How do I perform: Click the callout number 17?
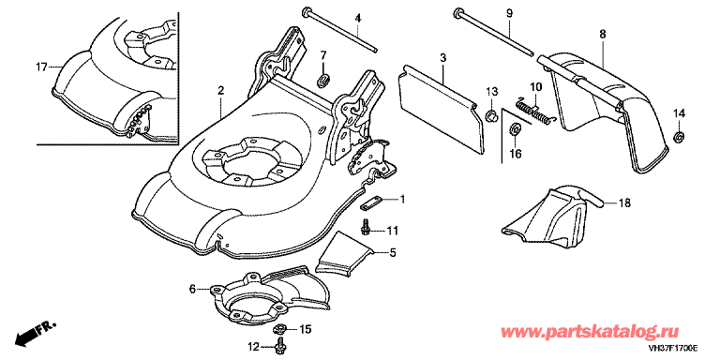pos(41,67)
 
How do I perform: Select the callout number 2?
pos(221,91)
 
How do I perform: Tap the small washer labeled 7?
pos(322,81)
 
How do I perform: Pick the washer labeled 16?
pos(515,129)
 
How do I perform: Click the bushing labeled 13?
pos(491,115)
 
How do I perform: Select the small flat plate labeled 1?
pos(371,203)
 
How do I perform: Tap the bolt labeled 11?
pos(366,227)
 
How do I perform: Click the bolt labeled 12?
pos(279,344)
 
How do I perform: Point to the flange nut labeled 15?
pos(278,329)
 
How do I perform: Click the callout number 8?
pos(603,34)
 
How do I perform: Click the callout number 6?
pos(193,289)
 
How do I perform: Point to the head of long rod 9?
pos(457,12)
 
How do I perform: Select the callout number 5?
pos(393,252)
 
